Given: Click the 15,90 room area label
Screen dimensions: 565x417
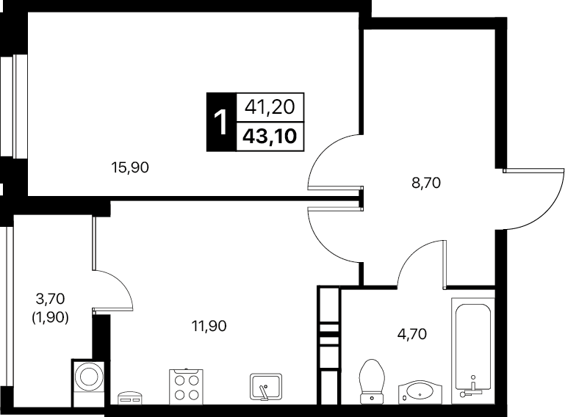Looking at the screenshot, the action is click(x=130, y=167).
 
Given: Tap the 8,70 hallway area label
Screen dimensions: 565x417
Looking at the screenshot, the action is click(x=426, y=183).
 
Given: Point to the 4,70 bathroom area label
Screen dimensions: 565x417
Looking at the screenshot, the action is click(x=412, y=334).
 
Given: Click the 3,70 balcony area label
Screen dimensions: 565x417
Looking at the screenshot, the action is click(x=50, y=298).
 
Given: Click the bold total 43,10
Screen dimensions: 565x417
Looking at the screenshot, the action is click(x=270, y=137).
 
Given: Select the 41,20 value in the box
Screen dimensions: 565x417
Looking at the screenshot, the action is click(x=270, y=107).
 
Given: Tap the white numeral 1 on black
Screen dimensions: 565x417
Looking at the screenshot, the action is click(x=220, y=123).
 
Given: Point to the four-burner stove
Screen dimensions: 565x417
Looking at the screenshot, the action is click(x=186, y=387).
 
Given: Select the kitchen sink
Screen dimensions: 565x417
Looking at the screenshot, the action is click(x=266, y=387).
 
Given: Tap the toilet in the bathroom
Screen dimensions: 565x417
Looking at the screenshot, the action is click(x=372, y=381).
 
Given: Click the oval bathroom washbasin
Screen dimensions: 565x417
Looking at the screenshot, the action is click(x=420, y=392).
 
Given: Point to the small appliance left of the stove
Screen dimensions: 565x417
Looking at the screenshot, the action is click(x=130, y=398).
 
